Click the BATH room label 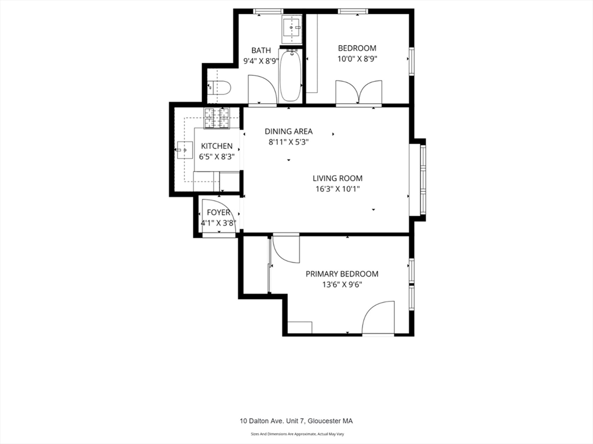click(261, 50)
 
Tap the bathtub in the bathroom click(291, 75)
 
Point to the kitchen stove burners click(217, 118)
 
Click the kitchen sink click(185, 150)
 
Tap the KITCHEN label click(217, 146)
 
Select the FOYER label click(218, 213)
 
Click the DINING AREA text click(288, 132)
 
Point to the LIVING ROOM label click(338, 179)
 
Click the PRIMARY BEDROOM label click(342, 274)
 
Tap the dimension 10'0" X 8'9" click(357, 59)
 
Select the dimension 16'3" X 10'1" click(338, 189)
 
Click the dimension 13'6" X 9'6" click(342, 285)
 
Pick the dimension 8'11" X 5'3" click(289, 143)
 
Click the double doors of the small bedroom click(359, 92)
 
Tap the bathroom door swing click(262, 89)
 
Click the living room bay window click(418, 180)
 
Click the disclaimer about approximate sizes click(297, 434)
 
